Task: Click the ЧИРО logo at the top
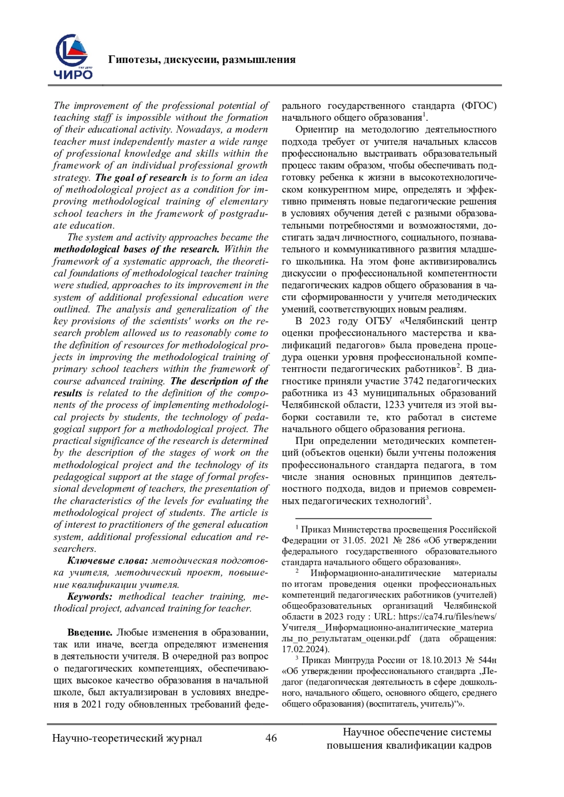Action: (73, 57)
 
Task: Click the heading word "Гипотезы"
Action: (133, 60)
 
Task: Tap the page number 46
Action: (271, 738)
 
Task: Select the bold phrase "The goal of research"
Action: (141, 178)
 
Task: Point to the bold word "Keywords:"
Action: (90, 596)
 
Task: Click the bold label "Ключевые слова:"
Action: (108, 560)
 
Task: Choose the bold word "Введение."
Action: (90, 632)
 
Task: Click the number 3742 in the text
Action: (414, 381)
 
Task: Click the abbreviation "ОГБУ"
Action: (383, 321)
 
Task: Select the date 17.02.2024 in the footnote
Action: (304, 649)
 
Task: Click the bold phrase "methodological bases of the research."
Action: (136, 249)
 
